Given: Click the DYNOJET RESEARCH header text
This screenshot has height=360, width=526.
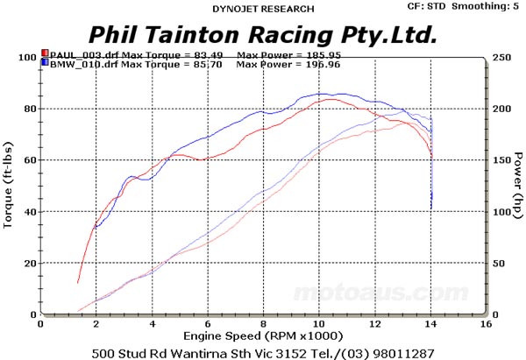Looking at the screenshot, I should pos(262,9).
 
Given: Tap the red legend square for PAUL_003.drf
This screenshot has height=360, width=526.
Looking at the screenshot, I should pos(45,53).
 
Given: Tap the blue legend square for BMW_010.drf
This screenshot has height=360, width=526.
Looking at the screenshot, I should pos(45,64).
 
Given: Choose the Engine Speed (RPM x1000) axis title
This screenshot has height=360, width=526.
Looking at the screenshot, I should pos(262,335).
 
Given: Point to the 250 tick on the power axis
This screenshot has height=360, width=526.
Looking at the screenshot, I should pos(497,58).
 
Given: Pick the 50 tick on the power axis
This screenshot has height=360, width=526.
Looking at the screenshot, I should pos(495,264).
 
